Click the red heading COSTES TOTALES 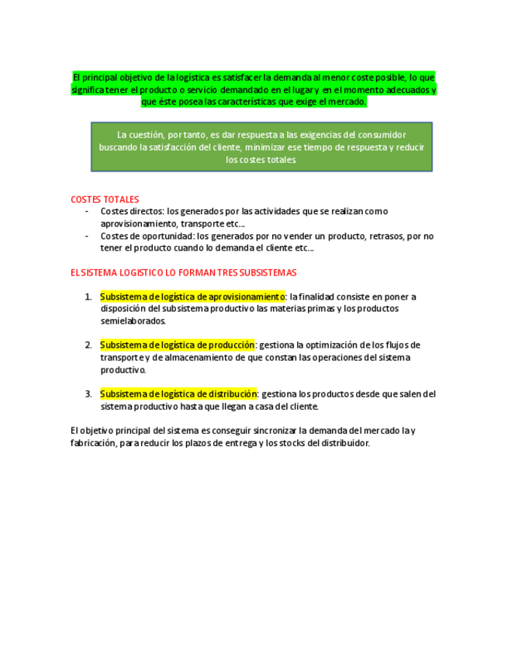click(x=105, y=199)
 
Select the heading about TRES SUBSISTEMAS click(x=183, y=273)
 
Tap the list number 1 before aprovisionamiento click(x=88, y=296)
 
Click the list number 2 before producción click(x=88, y=345)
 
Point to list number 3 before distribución click(x=88, y=394)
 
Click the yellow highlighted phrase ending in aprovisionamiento click(x=192, y=296)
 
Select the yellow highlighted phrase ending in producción click(x=177, y=345)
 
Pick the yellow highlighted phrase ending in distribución click(x=178, y=394)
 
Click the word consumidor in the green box click(x=379, y=135)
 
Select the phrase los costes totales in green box click(x=261, y=160)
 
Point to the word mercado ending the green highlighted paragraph click(x=347, y=102)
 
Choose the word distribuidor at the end click(x=344, y=443)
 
